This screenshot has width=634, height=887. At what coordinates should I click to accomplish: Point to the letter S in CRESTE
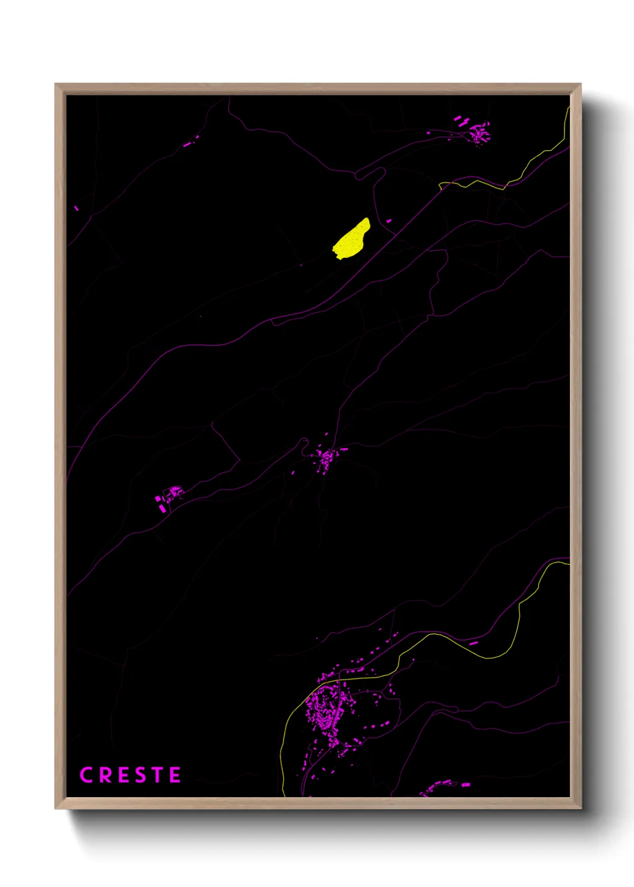coord(140,775)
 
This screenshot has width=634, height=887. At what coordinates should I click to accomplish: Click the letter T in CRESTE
coord(158,775)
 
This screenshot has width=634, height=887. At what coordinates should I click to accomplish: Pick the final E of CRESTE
coord(175,775)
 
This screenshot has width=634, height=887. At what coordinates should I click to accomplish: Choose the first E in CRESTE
coord(122,775)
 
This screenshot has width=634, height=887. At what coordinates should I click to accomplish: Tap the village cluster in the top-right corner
coord(478,132)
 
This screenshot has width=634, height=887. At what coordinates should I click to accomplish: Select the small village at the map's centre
coord(326,460)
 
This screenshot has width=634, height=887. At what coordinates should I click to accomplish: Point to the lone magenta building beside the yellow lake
coord(388,221)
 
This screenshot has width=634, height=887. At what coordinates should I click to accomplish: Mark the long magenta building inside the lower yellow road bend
coord(473,643)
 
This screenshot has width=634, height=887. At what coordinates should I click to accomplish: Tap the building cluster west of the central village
coord(170,495)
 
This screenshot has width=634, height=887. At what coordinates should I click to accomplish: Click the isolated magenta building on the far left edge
coord(77,208)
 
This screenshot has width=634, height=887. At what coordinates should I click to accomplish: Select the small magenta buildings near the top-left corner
coord(191,141)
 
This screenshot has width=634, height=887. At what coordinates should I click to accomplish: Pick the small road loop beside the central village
coord(303,443)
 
